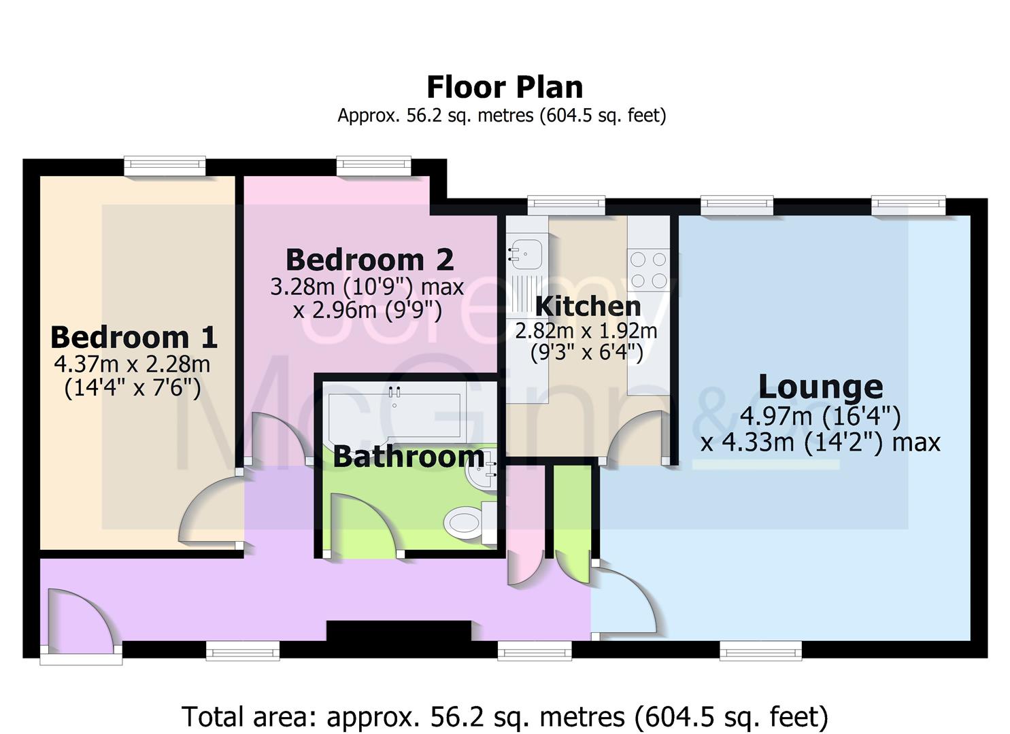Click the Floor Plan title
coord(505,87)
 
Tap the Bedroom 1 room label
coord(133,337)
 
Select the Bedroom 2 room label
coord(369,260)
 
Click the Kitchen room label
coord(588,307)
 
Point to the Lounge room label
coord(820,387)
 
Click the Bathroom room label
coord(409,457)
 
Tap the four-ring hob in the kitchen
coord(648,269)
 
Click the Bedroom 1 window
coord(165,165)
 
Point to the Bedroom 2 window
coord(373,165)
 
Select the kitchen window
coord(566,204)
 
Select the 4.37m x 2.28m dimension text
coord(132,364)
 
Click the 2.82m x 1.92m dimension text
coord(586,332)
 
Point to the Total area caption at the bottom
coord(505,716)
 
